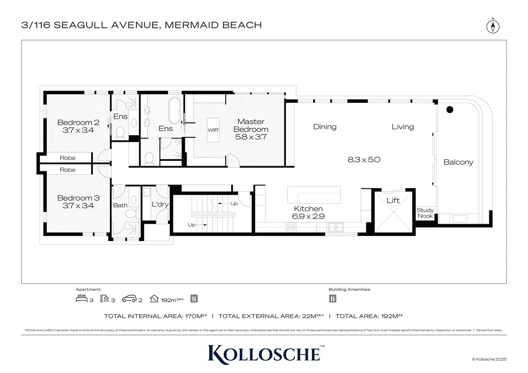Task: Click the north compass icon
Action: point(493,27)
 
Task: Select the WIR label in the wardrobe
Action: point(213,130)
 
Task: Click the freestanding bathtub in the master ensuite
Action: point(175,111)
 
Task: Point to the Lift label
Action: point(393,201)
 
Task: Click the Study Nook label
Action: point(425,213)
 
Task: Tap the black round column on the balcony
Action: point(450,109)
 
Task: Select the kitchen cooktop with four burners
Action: point(291,227)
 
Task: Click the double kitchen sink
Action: point(336,227)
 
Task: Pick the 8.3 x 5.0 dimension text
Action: point(364,160)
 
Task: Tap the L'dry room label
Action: point(160,204)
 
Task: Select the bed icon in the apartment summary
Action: point(82,298)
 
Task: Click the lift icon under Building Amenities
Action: point(333,298)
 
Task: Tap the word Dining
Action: point(325,127)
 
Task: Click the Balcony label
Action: point(459,162)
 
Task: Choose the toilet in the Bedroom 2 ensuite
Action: point(120,133)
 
